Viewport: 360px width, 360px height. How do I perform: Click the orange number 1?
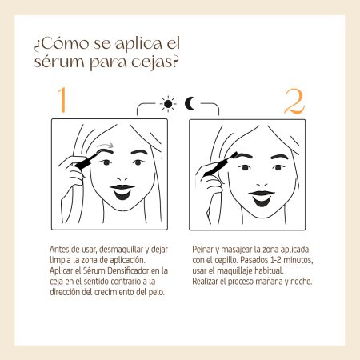62,99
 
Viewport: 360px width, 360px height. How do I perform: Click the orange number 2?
294,102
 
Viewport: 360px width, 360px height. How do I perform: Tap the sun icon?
168,103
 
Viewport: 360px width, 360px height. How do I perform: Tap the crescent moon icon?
190,103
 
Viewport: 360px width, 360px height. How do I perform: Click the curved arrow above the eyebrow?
106,145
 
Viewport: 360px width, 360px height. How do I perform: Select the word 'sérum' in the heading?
58,62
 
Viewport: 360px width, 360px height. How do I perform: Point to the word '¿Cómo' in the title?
61,44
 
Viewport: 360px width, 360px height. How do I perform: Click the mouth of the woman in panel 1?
122,192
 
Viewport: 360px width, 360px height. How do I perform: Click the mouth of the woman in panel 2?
262,198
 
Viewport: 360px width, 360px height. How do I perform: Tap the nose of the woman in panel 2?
262,185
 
